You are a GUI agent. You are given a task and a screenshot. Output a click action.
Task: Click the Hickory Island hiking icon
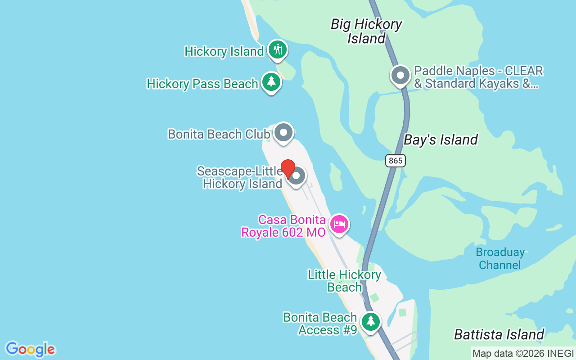click(278, 49)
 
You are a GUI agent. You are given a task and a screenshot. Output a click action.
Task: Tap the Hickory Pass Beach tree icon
click(271, 82)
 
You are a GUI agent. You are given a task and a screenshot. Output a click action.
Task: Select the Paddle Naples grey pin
click(400, 76)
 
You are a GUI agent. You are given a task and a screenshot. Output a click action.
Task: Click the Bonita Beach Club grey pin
click(283, 133)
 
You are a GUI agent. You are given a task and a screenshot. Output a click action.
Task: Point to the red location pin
click(288, 169)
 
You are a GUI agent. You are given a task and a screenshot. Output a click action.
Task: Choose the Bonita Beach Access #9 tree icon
click(370, 321)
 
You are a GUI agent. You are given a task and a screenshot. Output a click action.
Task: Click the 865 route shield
click(395, 160)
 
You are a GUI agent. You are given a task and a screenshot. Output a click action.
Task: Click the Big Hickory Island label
click(366, 31)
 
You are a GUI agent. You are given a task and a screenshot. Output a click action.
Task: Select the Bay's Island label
click(441, 140)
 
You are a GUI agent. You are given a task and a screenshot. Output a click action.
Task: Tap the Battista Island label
click(499, 334)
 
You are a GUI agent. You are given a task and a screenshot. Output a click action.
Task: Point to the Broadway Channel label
click(500, 258)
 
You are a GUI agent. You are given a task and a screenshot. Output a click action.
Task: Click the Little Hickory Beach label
click(344, 281)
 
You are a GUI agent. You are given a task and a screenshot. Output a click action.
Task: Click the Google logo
click(30, 349)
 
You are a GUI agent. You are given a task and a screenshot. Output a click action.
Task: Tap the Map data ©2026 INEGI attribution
click(523, 354)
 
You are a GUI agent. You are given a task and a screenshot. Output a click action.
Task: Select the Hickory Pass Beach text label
click(202, 84)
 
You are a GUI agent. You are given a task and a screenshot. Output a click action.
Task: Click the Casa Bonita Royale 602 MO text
click(283, 226)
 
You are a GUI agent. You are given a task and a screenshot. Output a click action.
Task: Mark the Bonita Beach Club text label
click(219, 134)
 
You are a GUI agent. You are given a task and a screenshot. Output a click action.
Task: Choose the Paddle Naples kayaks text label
click(478, 77)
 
